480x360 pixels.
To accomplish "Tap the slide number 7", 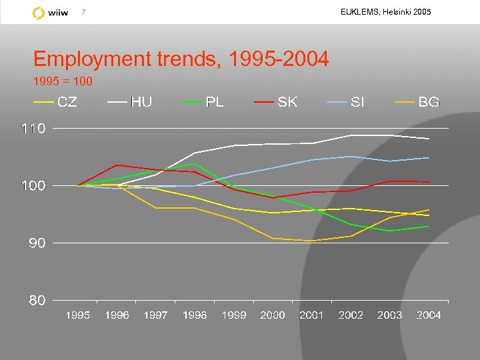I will [83, 12].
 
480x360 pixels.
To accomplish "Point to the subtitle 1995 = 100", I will [63, 82].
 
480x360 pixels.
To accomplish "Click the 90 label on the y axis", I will [37, 243].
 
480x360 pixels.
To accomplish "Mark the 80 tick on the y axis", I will [37, 301].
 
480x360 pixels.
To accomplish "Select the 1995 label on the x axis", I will [77, 315].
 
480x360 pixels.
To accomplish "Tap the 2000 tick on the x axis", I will [273, 315].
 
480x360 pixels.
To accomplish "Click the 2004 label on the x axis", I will [429, 315].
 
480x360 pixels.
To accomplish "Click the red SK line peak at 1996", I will [117, 165].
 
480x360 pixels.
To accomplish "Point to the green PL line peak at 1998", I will [195, 163].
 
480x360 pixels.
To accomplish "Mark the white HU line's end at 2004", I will [429, 139].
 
